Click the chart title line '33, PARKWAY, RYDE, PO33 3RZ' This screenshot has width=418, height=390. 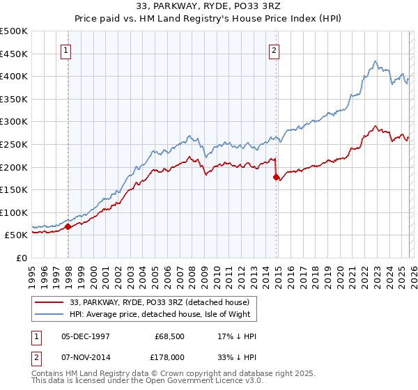click(208, 8)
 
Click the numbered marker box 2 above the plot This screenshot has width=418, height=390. click(274, 50)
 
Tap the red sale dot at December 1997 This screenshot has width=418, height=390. click(68, 226)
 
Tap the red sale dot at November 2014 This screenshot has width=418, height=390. click(277, 177)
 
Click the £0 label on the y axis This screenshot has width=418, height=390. click(22, 258)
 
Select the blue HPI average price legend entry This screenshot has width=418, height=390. click(164, 314)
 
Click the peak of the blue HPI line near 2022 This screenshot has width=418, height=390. click(375, 61)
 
